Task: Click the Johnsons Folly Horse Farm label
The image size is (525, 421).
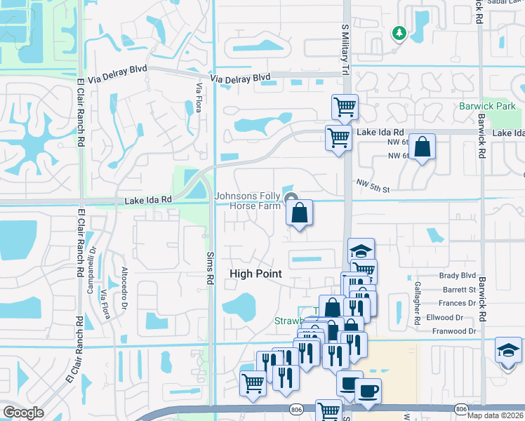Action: [247, 201]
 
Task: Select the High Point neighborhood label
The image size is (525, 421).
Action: [255, 274]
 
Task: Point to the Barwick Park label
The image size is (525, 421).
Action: [487, 106]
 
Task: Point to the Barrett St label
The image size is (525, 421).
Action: [460, 289]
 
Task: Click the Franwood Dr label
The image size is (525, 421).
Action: [454, 331]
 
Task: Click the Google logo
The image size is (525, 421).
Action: [23, 412]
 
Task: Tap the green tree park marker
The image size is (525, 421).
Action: [399, 33]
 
